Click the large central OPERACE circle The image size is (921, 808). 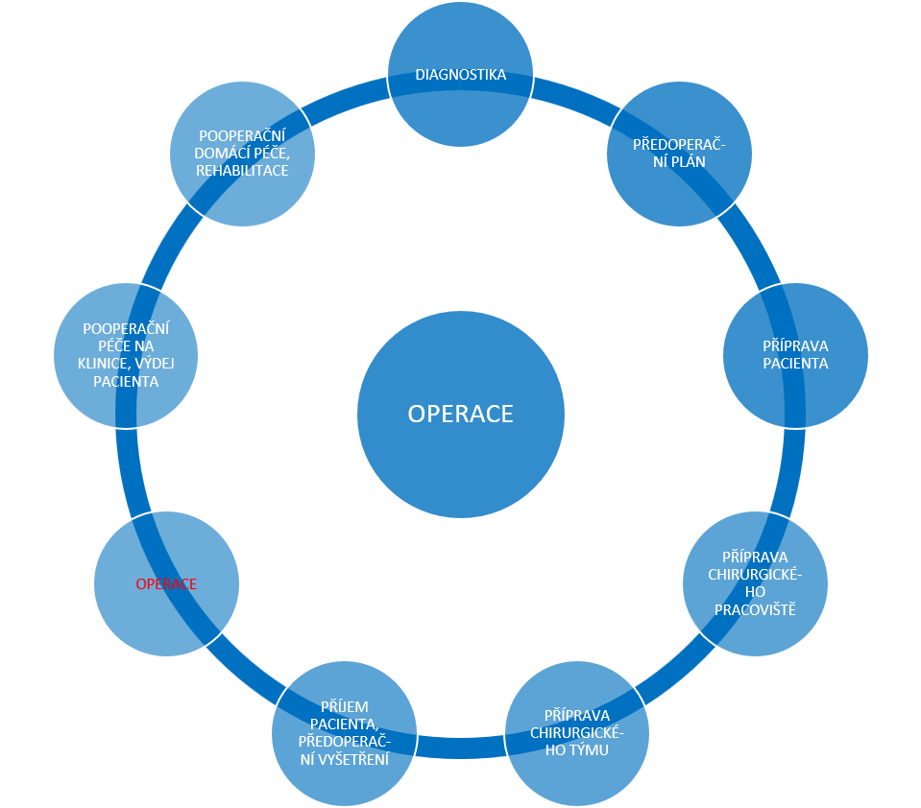(x=461, y=414)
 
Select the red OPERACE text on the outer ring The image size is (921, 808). (x=168, y=583)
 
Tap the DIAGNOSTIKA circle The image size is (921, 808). (x=461, y=74)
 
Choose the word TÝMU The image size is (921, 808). (x=587, y=749)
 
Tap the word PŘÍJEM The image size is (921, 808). (x=344, y=706)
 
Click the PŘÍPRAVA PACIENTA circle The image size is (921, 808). (x=795, y=354)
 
